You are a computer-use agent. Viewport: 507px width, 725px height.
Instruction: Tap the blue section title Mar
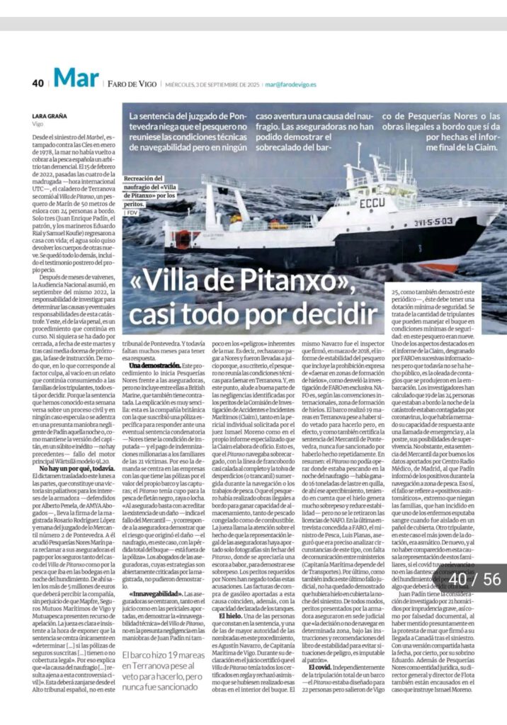click(74, 79)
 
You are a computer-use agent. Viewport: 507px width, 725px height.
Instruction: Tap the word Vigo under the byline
click(38, 123)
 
